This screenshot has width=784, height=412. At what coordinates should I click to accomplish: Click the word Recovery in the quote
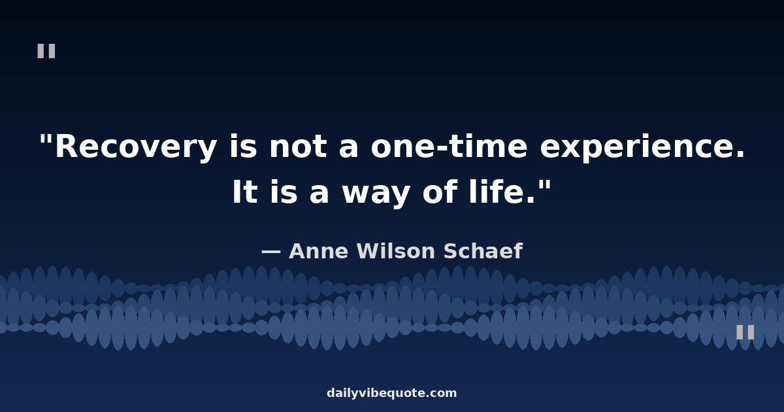coord(136,146)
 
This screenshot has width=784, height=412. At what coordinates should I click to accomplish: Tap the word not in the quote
coord(298,146)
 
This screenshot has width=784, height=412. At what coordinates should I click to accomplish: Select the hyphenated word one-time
coord(449,146)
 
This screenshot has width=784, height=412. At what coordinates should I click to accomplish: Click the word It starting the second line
coord(245,192)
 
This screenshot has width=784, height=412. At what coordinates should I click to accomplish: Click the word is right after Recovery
coord(243,146)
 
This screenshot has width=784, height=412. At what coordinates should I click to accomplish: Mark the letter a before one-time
coord(349,149)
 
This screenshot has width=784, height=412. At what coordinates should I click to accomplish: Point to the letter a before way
coord(319,194)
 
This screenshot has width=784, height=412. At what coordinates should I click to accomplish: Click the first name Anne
coord(319,251)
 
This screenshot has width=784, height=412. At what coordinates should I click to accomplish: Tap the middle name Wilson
coord(396,251)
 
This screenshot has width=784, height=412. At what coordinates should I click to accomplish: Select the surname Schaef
coord(483,251)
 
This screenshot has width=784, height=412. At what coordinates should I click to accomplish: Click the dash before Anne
coord(271,252)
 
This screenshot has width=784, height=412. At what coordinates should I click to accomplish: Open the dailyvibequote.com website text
coord(391,393)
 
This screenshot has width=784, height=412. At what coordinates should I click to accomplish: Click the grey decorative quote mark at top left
coord(46,51)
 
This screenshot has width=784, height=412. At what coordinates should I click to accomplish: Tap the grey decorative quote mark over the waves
coord(745,332)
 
